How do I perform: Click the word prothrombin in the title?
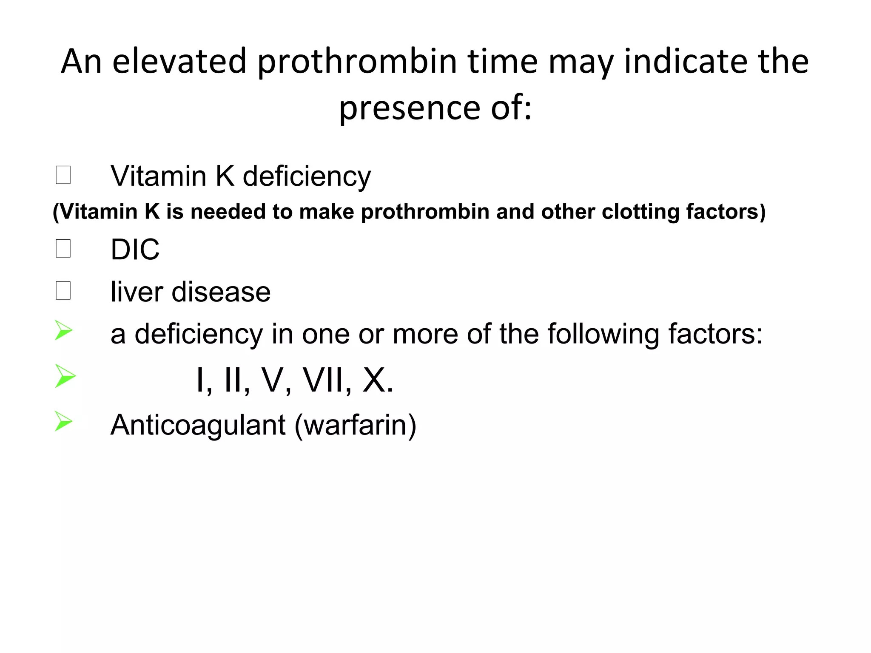point(357,62)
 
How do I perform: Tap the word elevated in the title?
point(179,61)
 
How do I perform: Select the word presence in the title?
point(410,108)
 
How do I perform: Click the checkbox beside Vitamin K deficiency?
point(63,175)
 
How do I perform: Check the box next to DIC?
point(63,248)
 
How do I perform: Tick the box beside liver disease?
point(63,291)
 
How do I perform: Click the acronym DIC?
point(135,250)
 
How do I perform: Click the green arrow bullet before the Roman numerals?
point(65,376)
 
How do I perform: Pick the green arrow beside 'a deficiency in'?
point(63,330)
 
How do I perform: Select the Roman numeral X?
point(374,380)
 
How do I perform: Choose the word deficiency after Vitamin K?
point(306,176)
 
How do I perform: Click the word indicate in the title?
point(685,62)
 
